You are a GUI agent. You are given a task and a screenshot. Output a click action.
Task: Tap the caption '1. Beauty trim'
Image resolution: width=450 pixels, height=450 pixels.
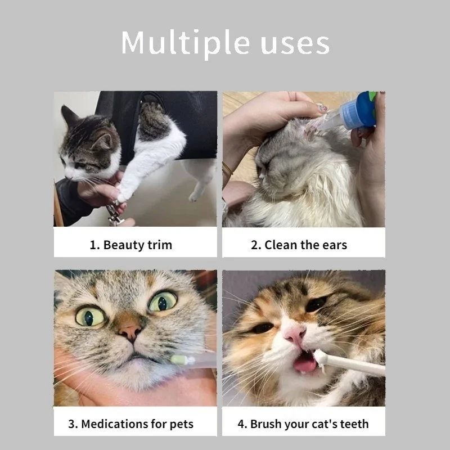tap(131, 245)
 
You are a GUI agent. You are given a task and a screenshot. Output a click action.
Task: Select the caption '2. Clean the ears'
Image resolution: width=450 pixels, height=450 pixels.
tap(299, 245)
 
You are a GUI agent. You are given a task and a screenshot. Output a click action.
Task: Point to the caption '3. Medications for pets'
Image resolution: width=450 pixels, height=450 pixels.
tap(131, 424)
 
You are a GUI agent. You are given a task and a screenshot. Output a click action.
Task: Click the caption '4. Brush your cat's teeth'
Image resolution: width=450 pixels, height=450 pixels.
tap(303, 424)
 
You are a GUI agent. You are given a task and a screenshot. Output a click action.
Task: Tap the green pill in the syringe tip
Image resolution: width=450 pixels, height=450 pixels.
tap(178, 359)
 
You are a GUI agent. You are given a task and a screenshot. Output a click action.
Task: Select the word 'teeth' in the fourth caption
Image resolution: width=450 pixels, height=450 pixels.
tap(353, 424)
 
